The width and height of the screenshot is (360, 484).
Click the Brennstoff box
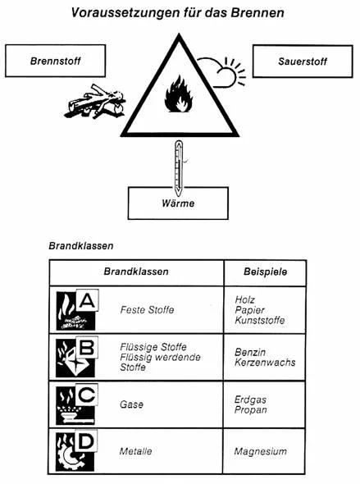tap(56, 61)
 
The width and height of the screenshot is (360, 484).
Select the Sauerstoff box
tap(303, 62)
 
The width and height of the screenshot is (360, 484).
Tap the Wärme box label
tap(178, 203)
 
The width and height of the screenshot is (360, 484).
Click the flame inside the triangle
tap(179, 94)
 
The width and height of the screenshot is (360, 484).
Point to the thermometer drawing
tap(179, 168)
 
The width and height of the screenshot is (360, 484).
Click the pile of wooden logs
tap(95, 103)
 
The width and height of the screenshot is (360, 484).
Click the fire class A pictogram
tap(77, 309)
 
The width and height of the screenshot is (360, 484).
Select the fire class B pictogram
tap(77, 357)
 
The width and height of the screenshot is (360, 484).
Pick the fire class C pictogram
tap(77, 404)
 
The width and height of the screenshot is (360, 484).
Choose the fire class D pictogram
tap(76, 450)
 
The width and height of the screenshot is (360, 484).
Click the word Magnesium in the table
tap(260, 451)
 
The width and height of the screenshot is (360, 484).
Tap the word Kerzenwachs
tap(265, 362)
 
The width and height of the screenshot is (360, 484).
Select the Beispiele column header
tap(266, 272)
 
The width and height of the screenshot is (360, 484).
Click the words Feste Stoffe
tap(147, 309)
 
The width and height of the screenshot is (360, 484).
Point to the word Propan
tap(250, 410)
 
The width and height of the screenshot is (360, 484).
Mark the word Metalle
tap(136, 451)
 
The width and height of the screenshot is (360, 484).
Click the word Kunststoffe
tap(260, 320)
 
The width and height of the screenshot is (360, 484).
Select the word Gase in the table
tap(132, 404)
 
